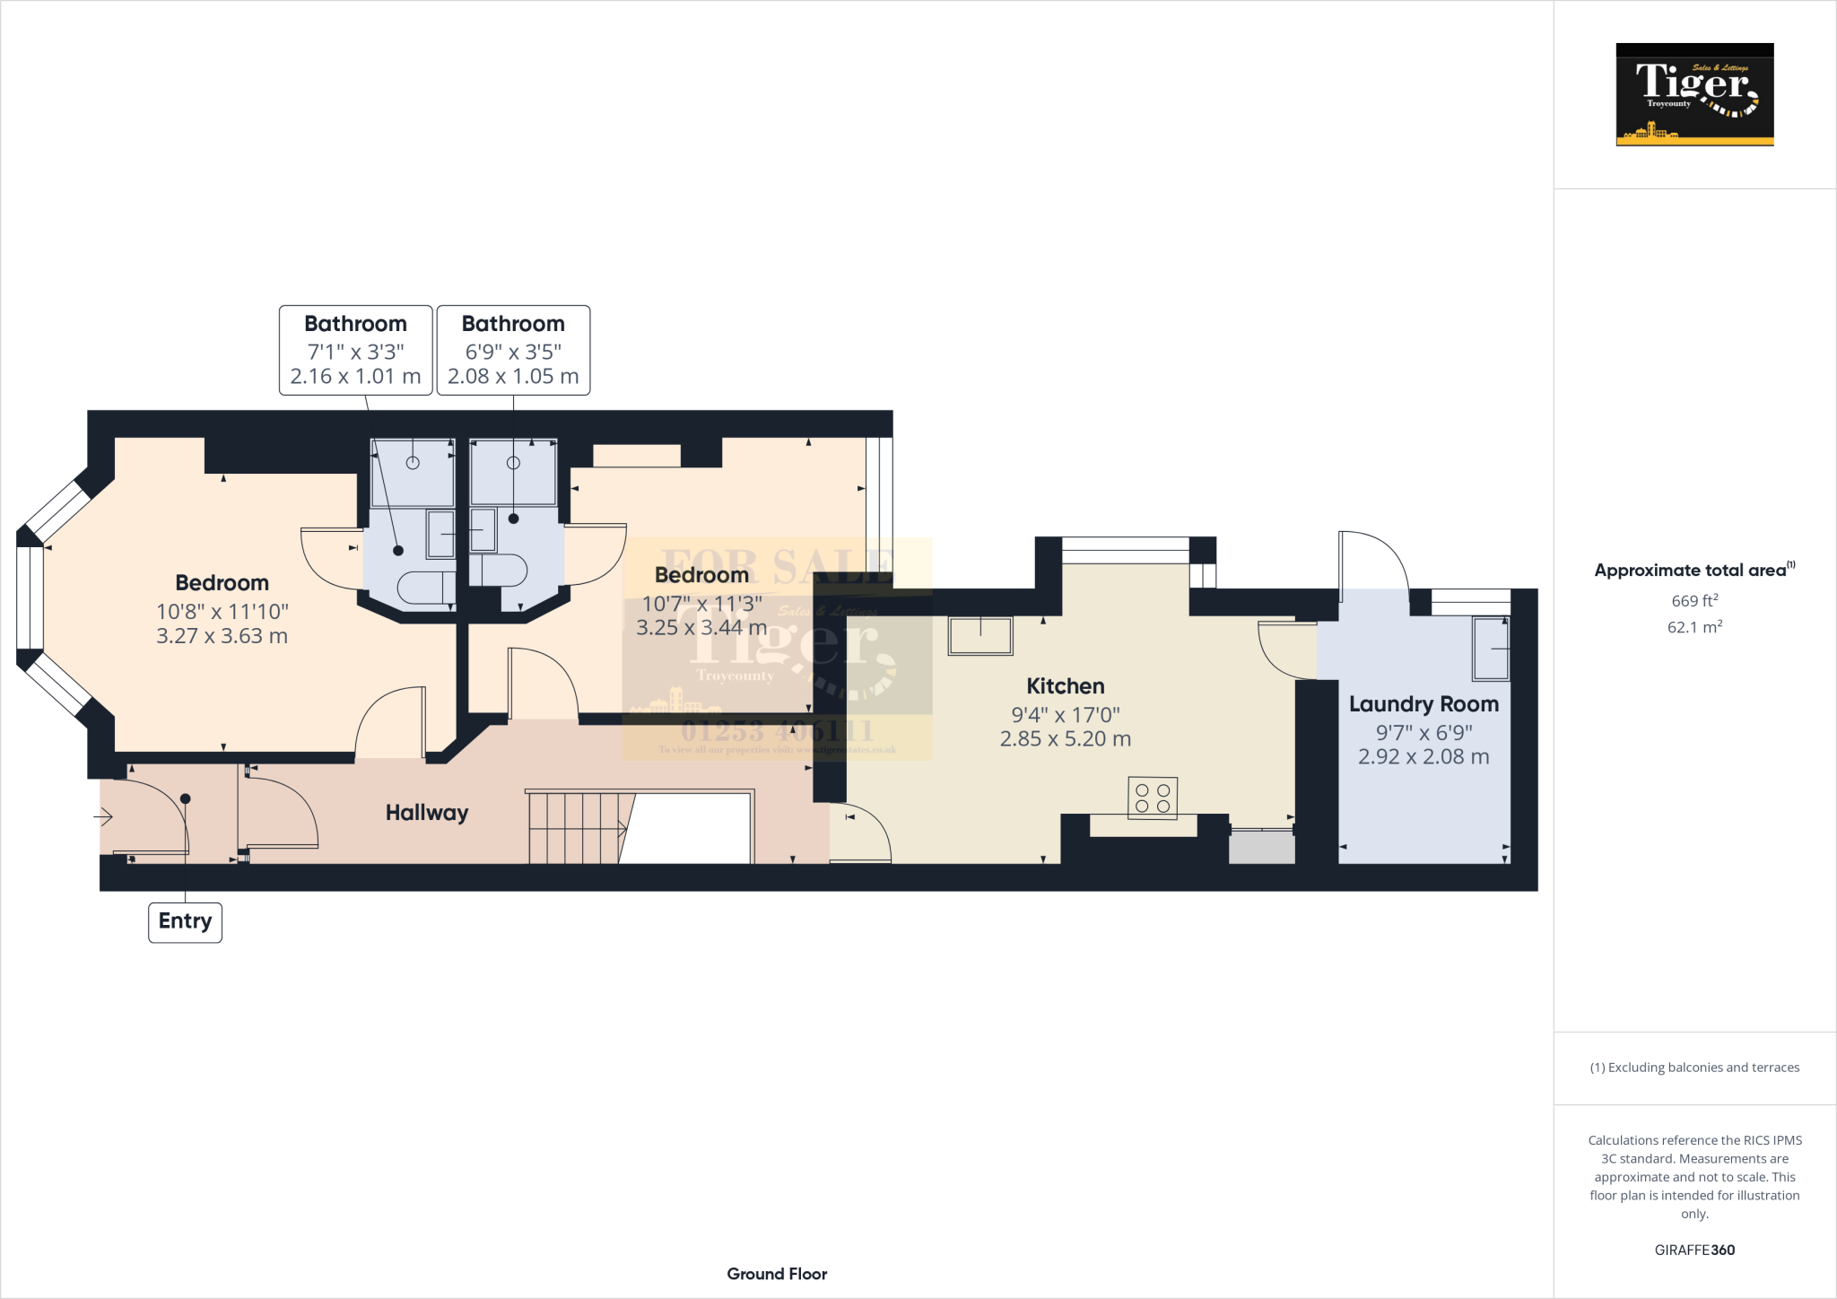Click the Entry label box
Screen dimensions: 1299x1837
point(185,921)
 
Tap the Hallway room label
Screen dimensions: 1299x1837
point(427,813)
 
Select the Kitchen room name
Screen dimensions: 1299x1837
point(1065,686)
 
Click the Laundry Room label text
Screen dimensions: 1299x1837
point(1423,704)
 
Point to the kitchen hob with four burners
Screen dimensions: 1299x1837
point(1153,798)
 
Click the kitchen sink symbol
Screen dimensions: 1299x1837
point(980,636)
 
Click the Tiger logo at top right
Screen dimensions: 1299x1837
point(1694,94)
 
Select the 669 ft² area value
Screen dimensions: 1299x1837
point(1694,601)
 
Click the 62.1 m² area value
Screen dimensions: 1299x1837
point(1694,627)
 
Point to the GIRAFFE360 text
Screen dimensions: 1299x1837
point(1694,1250)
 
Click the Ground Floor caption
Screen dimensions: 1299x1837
point(777,1274)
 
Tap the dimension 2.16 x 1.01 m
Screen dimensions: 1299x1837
point(355,377)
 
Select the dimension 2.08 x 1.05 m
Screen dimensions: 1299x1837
point(513,377)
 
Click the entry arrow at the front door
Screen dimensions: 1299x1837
point(103,817)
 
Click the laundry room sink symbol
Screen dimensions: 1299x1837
point(1491,649)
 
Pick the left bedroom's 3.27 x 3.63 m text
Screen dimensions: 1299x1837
point(222,636)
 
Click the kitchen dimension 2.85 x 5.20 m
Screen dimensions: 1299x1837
point(1065,739)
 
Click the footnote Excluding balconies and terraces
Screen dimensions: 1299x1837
point(1694,1068)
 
